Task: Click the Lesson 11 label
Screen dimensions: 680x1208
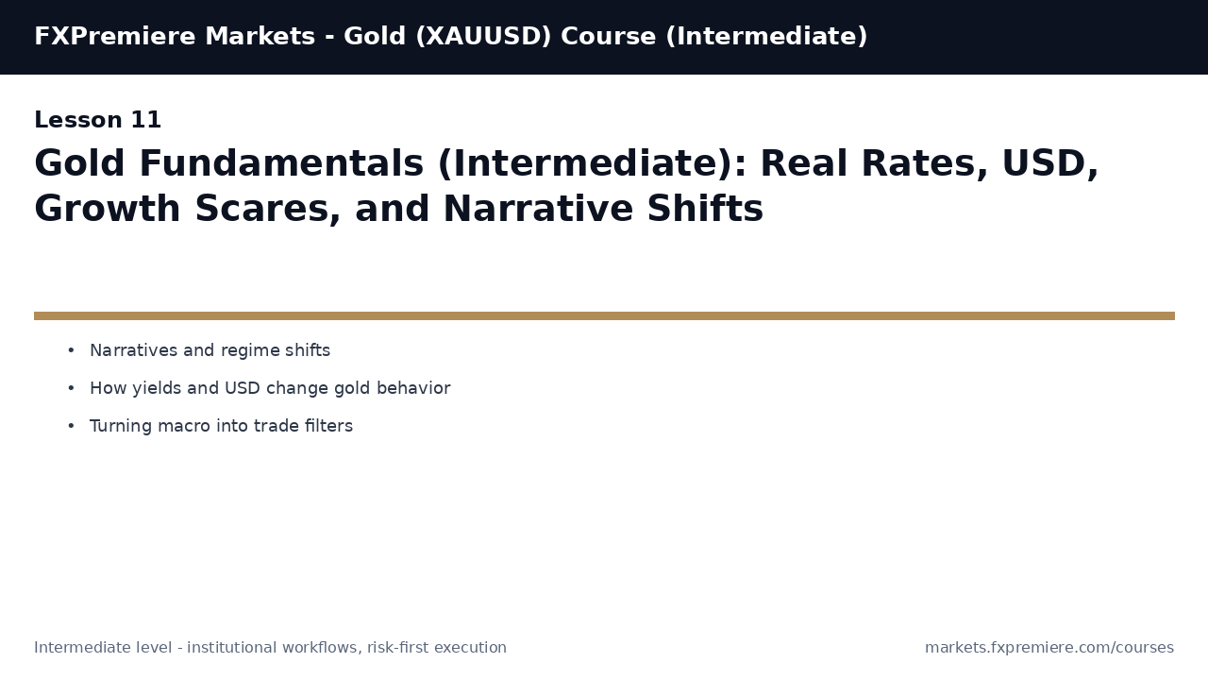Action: coord(98,121)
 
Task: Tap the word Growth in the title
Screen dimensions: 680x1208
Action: coord(107,210)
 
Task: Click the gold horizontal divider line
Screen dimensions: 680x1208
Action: coord(604,316)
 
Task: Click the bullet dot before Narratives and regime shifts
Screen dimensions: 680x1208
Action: coord(71,351)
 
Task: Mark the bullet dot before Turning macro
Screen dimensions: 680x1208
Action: coord(71,427)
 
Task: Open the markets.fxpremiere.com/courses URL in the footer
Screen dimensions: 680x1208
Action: coord(1049,648)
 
